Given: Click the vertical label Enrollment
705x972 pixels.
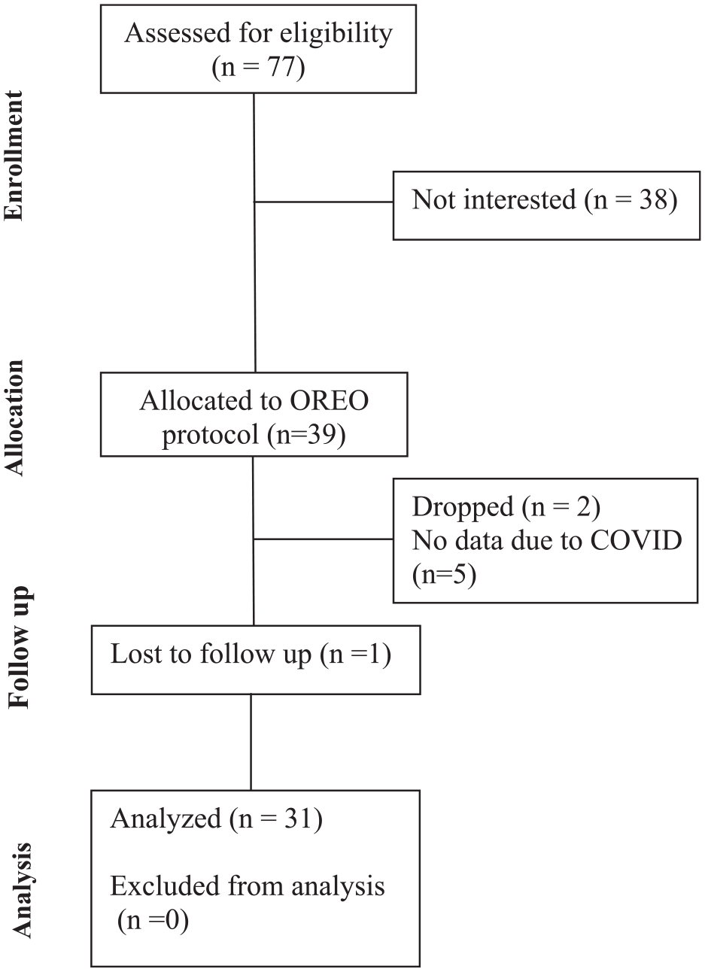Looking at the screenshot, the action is click(x=14, y=155).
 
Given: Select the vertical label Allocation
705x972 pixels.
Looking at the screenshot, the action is click(x=14, y=418).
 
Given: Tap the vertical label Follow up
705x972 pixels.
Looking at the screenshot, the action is click(x=19, y=647).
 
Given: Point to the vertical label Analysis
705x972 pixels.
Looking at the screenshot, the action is click(x=21, y=870).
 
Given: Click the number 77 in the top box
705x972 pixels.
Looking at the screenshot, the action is click(x=281, y=67).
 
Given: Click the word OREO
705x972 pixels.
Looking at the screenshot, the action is click(x=330, y=400).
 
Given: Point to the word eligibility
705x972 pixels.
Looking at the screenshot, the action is click(x=336, y=34).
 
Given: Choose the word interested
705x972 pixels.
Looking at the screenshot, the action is click(x=520, y=199).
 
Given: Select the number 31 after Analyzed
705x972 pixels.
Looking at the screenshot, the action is click(x=298, y=819).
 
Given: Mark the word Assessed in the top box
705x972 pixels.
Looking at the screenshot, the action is click(x=178, y=33).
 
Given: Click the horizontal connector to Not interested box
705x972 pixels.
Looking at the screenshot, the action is click(x=324, y=202).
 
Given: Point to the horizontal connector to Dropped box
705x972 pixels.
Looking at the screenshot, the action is click(x=324, y=539).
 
